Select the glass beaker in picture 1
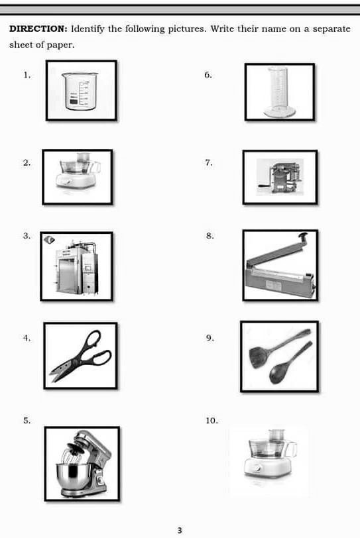point(80,91)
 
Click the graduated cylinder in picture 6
point(278,91)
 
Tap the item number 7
point(209,162)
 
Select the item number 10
point(211,421)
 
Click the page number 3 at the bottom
point(180,529)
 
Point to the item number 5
point(27,421)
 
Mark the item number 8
point(210,235)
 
